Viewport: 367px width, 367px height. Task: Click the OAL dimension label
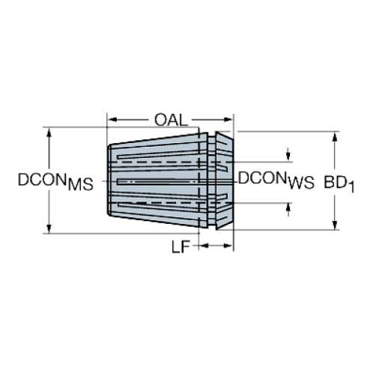170,119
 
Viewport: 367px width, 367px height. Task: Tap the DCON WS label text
274,179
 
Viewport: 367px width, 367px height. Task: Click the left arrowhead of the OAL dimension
112,119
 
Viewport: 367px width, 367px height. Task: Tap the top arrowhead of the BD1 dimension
335,135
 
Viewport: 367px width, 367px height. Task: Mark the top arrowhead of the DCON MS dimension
49,134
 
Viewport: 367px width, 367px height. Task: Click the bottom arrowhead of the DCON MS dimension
49,228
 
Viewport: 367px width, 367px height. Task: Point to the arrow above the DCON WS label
290,156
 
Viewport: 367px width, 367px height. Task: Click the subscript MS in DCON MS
82,186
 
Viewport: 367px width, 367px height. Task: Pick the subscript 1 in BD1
351,187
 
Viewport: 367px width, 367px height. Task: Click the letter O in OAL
160,119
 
